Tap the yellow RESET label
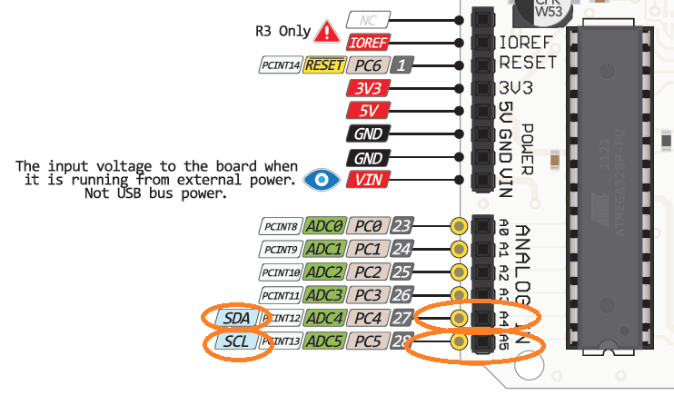point(323,64)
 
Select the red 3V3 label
point(368,88)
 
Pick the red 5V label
point(368,111)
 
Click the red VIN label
point(368,179)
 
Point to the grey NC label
point(368,19)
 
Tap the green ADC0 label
point(324,225)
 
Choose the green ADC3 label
point(324,294)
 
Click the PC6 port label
point(368,64)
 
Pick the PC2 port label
point(368,272)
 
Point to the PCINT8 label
point(279,225)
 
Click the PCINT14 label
point(279,64)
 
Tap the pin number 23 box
point(402,225)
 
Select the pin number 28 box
point(402,341)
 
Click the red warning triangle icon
point(325,32)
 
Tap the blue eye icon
point(319,179)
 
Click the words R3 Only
point(282,31)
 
